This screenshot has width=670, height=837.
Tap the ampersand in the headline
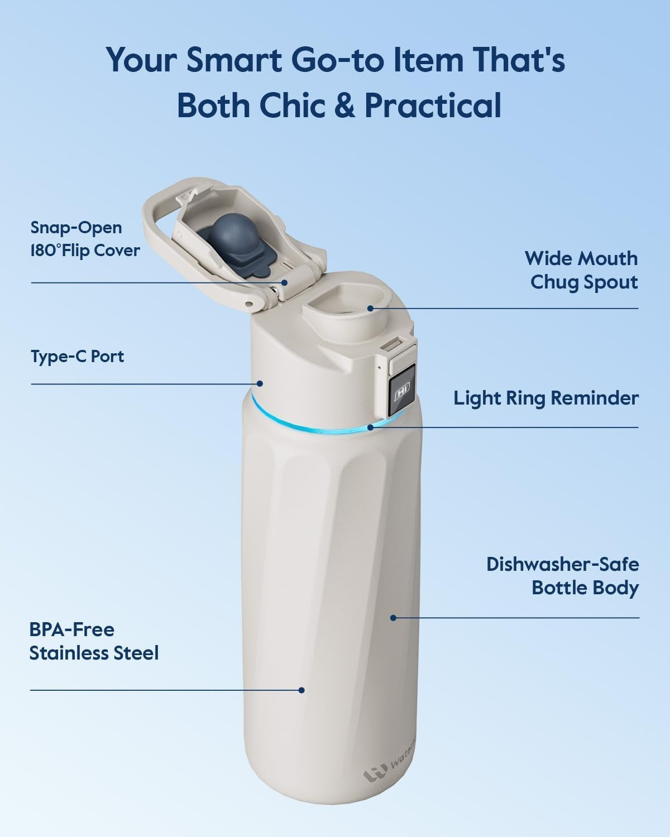pos(344,105)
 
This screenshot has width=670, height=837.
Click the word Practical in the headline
pos(433,105)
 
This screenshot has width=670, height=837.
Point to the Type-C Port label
pos(77,356)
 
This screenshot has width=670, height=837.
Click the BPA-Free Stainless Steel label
pos(94,641)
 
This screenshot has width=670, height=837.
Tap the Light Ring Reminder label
pos(545,398)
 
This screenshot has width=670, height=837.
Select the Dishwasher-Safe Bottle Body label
pos(562,575)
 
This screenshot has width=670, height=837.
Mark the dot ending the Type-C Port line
pos(260,383)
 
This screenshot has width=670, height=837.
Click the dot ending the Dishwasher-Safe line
pos(393,618)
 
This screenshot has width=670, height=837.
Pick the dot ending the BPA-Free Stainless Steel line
pos(301,690)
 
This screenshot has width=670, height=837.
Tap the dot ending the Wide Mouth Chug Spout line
pos(370,308)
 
